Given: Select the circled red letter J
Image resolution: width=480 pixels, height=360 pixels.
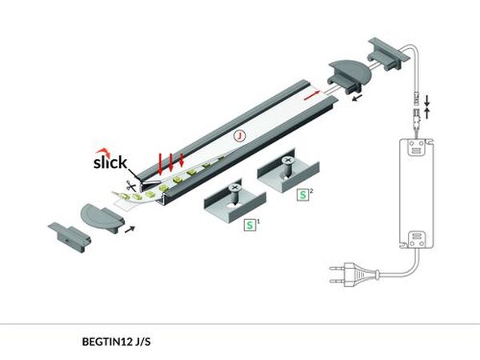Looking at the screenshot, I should pos(238,137).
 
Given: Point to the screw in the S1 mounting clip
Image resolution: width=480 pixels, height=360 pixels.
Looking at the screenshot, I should pos(234,193).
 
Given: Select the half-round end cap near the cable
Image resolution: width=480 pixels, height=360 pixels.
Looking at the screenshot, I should pos(346,76).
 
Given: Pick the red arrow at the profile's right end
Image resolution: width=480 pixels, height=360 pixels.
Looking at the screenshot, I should pos(312,94).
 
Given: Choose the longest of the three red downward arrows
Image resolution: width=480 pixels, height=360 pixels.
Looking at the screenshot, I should pos(162,162).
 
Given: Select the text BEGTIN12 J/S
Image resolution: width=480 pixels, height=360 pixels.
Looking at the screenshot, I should pos(116,342).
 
